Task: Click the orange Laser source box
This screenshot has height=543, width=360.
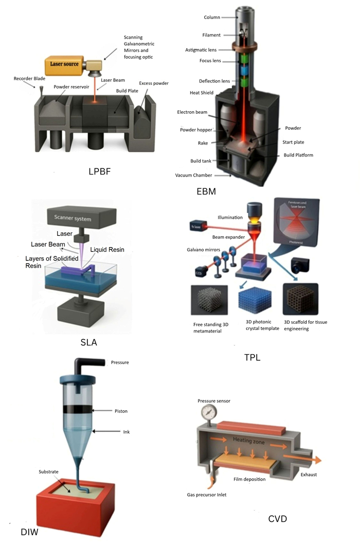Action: click(x=64, y=65)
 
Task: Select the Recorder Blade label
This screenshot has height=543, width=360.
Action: click(x=30, y=79)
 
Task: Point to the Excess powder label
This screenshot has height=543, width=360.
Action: click(x=154, y=83)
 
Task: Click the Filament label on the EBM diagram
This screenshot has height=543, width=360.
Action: click(x=211, y=35)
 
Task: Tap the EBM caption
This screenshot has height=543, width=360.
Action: click(x=206, y=192)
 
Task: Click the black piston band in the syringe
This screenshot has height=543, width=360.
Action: click(x=76, y=410)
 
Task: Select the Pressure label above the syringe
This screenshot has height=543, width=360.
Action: click(x=120, y=362)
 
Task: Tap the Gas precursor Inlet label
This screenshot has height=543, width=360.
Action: click(x=207, y=495)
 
